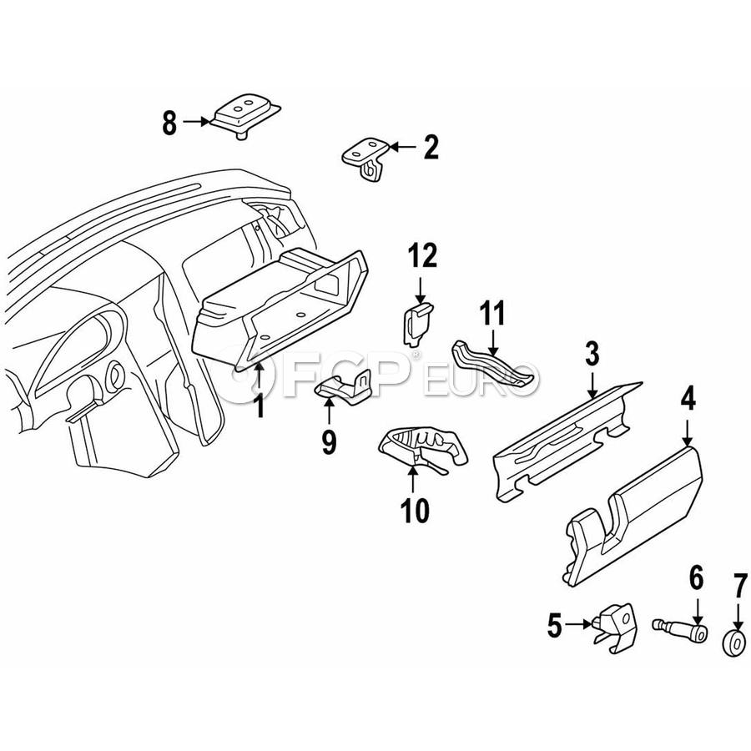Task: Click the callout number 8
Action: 169,123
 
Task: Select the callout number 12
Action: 422,255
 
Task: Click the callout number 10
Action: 414,508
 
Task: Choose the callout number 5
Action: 555,624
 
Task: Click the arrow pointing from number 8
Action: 197,123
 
